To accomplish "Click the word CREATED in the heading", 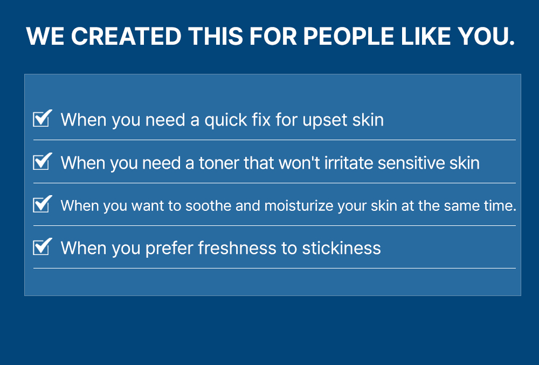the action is coord(126,36).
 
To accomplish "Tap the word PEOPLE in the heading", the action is coord(349,36).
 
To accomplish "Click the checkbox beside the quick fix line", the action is coord(42,118).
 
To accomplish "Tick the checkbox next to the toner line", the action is coord(42,161).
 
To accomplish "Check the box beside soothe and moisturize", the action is coord(42,204).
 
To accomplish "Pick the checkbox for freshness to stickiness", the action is coord(42,246).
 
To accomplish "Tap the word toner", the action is coord(219,163).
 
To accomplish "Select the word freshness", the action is coord(237,248).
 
